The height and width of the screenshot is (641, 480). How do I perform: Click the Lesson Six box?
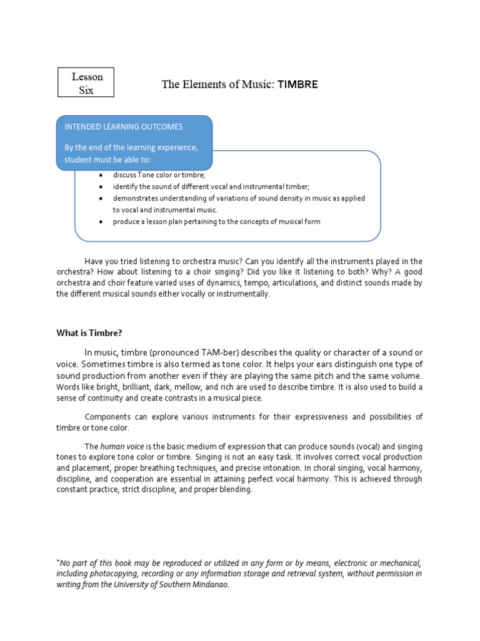coord(86,83)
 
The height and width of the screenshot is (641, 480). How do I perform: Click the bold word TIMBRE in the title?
coord(297,85)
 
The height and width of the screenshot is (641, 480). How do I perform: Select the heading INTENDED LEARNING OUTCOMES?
coord(124,126)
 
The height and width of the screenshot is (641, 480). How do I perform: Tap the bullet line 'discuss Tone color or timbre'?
coord(159,175)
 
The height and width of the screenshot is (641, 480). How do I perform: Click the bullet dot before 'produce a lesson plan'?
coord(101,222)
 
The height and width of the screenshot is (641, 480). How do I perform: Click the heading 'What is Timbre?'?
coord(94,333)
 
